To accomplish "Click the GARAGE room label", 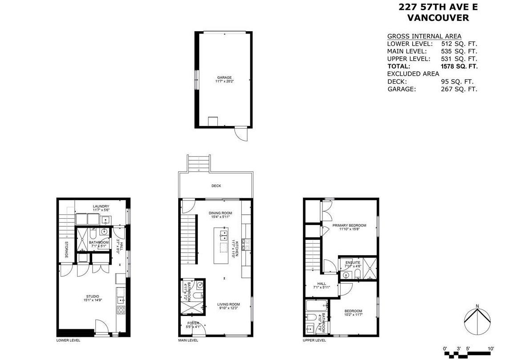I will pos(224,78).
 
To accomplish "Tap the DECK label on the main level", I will pos(216,186).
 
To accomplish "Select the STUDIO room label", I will pos(92,296).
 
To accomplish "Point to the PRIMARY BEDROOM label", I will pos(349,225).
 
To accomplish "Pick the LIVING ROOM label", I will pos(229,305).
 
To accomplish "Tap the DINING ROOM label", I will pos(220,213).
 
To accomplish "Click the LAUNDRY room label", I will pos(101,206).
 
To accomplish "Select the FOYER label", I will pos(193,323).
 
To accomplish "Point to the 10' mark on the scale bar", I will pos(491,348).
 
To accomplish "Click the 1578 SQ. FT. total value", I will pos(459,66).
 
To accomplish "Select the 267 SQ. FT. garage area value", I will pos(459,89).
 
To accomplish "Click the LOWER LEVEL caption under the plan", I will pos(68,340).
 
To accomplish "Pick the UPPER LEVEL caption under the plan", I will pos(314,340).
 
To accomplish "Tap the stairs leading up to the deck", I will pos(198,163).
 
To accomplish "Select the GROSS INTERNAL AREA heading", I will pos(424,36).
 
